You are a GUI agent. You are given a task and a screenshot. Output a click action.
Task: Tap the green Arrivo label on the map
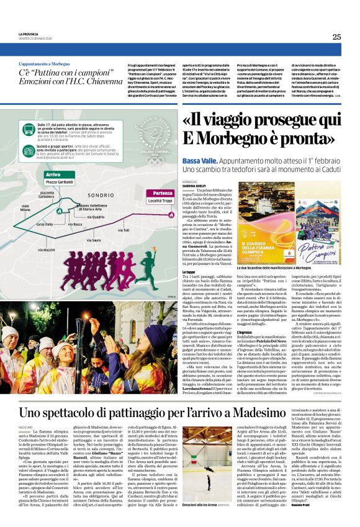pyautogui.click(x=53, y=174)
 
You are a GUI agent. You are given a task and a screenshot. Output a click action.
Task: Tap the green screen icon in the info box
pyautogui.click(x=31, y=128)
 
